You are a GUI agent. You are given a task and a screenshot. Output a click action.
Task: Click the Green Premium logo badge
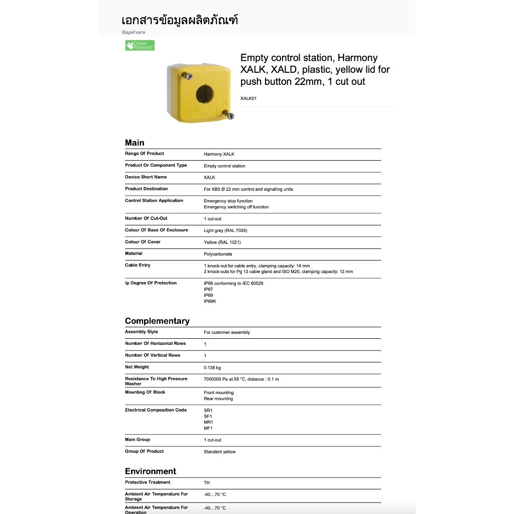pyautogui.click(x=140, y=45)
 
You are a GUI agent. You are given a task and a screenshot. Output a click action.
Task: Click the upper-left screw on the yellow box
pyautogui.click(x=189, y=76)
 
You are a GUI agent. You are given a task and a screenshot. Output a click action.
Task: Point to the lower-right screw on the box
pyautogui.click(x=230, y=116)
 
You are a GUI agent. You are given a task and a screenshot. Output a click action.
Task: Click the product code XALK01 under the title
pyautogui.click(x=248, y=98)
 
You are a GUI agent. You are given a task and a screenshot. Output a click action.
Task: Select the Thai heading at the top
pyautogui.click(x=180, y=21)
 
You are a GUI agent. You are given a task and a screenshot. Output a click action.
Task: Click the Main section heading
pyautogui.click(x=135, y=143)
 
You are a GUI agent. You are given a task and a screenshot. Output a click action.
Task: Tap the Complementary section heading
pyautogui.click(x=157, y=321)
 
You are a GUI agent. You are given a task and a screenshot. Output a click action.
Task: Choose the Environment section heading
pyautogui.click(x=151, y=471)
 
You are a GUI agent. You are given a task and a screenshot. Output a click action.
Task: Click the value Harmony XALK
pyautogui.click(x=219, y=154)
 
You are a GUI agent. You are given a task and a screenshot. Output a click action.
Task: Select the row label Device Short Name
pyautogui.click(x=146, y=177)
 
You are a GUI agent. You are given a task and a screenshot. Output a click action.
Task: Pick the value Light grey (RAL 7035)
pyautogui.click(x=225, y=230)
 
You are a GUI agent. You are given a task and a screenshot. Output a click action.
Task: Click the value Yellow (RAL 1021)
pyautogui.click(x=222, y=242)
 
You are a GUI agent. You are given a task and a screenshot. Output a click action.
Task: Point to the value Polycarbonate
pyautogui.click(x=218, y=254)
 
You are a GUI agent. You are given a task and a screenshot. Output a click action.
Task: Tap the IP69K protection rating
pyautogui.click(x=209, y=302)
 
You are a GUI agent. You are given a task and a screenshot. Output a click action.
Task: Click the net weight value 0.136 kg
pyautogui.click(x=212, y=367)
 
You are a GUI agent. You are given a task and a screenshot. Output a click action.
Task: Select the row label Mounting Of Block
pyautogui.click(x=145, y=392)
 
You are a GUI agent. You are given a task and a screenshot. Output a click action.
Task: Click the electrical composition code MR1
pyautogui.click(x=208, y=422)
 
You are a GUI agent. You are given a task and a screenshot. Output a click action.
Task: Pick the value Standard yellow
pyautogui.click(x=219, y=452)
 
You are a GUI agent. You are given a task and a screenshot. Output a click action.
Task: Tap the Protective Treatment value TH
pyautogui.click(x=207, y=483)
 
